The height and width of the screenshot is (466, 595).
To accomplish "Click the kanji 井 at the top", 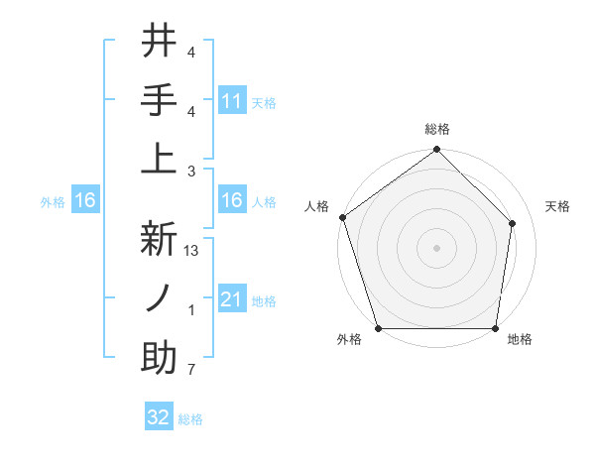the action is pyautogui.click(x=160, y=43).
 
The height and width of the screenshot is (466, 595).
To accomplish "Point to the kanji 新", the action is pyautogui.click(x=160, y=239).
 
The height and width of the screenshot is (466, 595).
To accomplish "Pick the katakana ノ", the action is pyautogui.click(x=160, y=298).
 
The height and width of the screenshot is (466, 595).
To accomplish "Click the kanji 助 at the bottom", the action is pyautogui.click(x=160, y=358).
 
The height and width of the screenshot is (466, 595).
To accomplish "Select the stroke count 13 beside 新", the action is pyautogui.click(x=191, y=252).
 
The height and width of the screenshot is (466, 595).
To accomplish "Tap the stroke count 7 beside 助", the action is pyautogui.click(x=191, y=371).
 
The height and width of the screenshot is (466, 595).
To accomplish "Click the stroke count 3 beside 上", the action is pyautogui.click(x=191, y=171).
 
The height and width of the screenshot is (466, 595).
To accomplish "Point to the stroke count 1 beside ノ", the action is pyautogui.click(x=191, y=311).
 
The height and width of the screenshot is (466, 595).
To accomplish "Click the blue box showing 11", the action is pyautogui.click(x=231, y=100).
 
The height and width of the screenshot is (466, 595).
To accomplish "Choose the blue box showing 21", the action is pyautogui.click(x=231, y=299).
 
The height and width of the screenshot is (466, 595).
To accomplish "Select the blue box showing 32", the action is pyautogui.click(x=159, y=417).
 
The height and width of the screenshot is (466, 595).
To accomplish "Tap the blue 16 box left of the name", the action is pyautogui.click(x=84, y=201).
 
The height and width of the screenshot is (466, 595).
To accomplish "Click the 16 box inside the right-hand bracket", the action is pyautogui.click(x=231, y=201).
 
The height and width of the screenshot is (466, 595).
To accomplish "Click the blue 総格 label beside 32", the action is pyautogui.click(x=190, y=419).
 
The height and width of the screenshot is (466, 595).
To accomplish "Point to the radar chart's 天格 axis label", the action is pyautogui.click(x=558, y=206).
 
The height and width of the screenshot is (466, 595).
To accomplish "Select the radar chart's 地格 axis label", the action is pyautogui.click(x=520, y=339).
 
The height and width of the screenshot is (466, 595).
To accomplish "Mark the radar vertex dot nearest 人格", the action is pyautogui.click(x=342, y=217).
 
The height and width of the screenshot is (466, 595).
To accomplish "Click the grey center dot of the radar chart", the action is pyautogui.click(x=436, y=248).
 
